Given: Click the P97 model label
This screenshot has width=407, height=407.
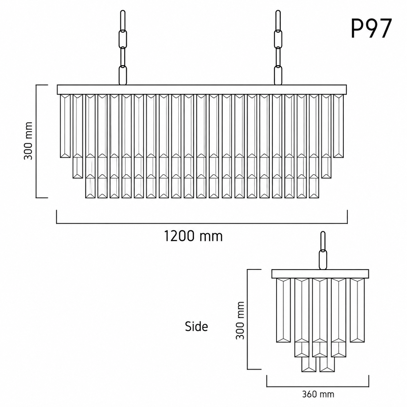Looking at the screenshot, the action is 371,28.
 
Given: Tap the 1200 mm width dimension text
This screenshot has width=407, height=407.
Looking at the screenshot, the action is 193,236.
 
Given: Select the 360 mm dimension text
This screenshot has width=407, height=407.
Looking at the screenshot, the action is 318,394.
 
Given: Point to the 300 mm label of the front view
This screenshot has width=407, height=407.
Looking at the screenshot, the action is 28,141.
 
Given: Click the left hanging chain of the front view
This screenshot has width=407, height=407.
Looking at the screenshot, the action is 123,47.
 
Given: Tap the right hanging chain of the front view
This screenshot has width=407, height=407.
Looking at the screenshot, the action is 278,47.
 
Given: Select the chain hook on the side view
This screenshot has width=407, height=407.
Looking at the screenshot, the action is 323,251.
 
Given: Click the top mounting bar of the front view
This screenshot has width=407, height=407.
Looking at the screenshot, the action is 202,90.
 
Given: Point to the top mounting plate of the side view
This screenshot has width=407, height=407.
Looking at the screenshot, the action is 320,274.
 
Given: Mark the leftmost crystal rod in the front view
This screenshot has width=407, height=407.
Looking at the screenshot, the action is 65,126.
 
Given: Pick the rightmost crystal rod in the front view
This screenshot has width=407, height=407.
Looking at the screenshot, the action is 339,126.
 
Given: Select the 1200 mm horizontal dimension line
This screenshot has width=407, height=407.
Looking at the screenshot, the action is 202,223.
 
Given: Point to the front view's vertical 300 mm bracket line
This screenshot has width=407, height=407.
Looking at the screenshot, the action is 36,141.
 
